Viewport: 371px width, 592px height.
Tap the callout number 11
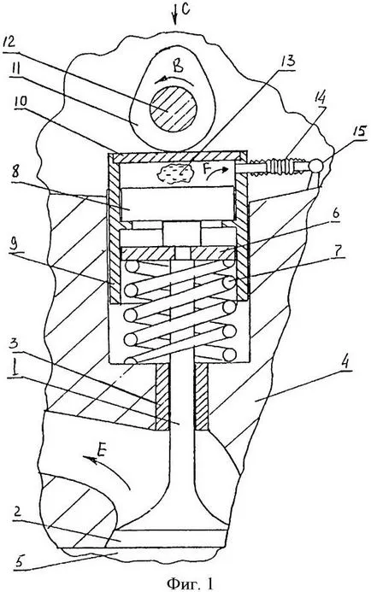click(x=14, y=72)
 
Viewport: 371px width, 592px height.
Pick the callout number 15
click(x=358, y=132)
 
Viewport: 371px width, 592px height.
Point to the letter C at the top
click(x=185, y=9)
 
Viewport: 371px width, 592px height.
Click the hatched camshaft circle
click(x=173, y=108)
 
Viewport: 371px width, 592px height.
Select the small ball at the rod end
click(x=316, y=166)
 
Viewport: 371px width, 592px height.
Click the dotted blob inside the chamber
click(x=175, y=174)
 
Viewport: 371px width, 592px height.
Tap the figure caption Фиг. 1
click(x=189, y=583)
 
